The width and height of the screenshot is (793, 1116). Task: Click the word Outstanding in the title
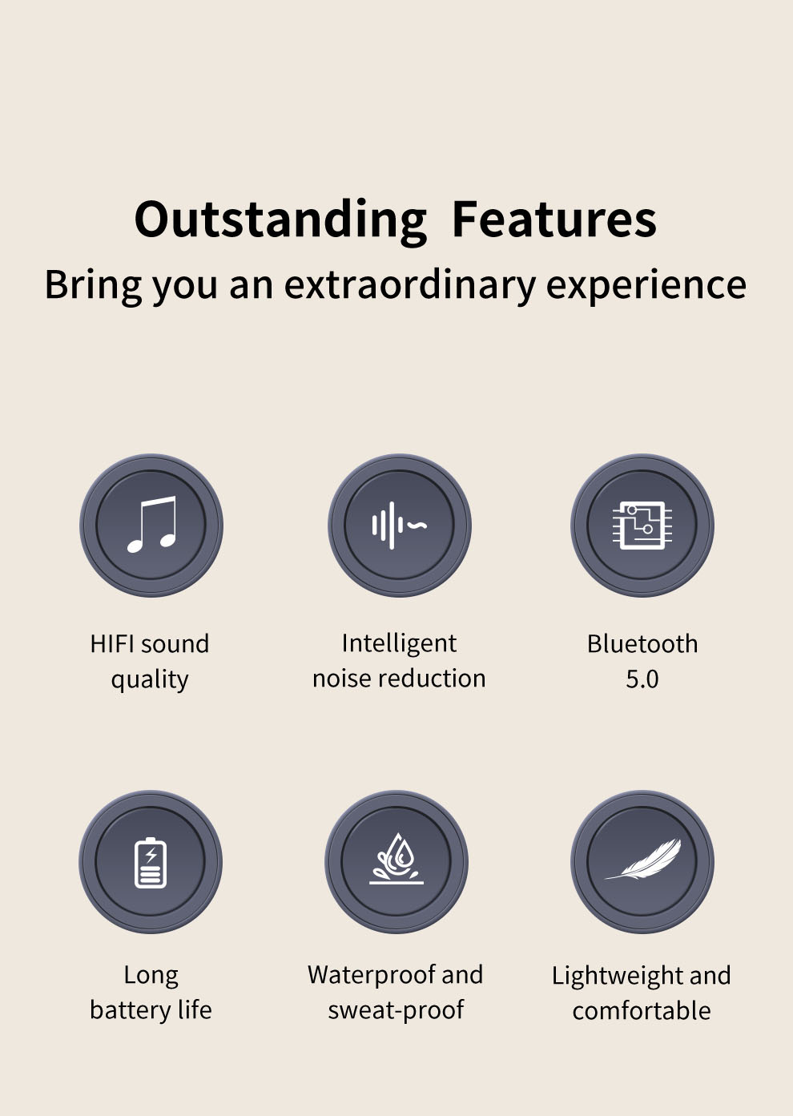280,221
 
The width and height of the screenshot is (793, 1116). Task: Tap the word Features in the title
554,220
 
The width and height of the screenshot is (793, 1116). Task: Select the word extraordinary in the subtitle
409,286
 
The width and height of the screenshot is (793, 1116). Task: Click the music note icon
151,524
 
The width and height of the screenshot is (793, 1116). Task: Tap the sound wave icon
399,526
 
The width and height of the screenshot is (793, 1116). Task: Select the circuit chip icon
642,526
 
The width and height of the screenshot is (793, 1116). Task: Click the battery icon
151,862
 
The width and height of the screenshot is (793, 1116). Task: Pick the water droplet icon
396,859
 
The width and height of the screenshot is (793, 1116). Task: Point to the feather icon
642,859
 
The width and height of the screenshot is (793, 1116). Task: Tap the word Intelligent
399,644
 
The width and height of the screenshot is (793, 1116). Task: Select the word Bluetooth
642,643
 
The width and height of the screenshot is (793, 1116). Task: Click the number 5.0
642,679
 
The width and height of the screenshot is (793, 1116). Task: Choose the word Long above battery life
151,976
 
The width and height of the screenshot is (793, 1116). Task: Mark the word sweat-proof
396,1011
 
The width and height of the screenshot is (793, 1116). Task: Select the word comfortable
642,1011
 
